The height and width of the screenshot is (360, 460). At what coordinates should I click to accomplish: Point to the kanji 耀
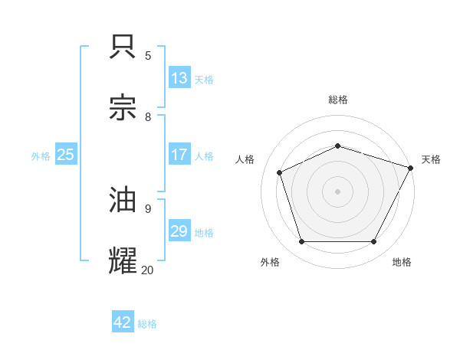tap(123, 260)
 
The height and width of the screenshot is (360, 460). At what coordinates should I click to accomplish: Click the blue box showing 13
tap(179, 78)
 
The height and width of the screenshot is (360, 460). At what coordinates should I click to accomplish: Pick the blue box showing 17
tap(179, 155)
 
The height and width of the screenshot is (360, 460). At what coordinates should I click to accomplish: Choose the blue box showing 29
tap(179, 231)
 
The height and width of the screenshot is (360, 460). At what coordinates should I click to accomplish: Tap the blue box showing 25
tap(65, 155)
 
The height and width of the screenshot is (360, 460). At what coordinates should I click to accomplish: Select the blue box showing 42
tap(122, 322)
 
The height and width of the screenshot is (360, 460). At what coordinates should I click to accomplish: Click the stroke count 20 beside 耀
tap(147, 269)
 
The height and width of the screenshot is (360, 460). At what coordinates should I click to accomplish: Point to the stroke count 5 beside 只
tap(148, 55)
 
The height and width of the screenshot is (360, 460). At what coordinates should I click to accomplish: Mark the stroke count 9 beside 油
tap(148, 208)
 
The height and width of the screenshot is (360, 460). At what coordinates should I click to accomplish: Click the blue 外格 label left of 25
tap(41, 155)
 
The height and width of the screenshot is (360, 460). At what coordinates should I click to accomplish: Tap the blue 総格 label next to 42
tap(147, 324)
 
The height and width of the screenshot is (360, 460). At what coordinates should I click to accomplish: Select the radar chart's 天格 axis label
tap(431, 159)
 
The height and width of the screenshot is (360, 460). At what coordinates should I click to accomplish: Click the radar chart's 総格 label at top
tap(337, 100)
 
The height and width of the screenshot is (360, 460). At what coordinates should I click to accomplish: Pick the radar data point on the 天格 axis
tap(412, 168)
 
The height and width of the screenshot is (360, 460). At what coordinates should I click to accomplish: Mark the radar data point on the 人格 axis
tap(280, 172)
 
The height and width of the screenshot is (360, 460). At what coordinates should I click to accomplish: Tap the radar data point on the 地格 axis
tap(373, 242)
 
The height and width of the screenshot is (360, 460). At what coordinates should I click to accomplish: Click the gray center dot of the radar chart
tap(337, 191)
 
